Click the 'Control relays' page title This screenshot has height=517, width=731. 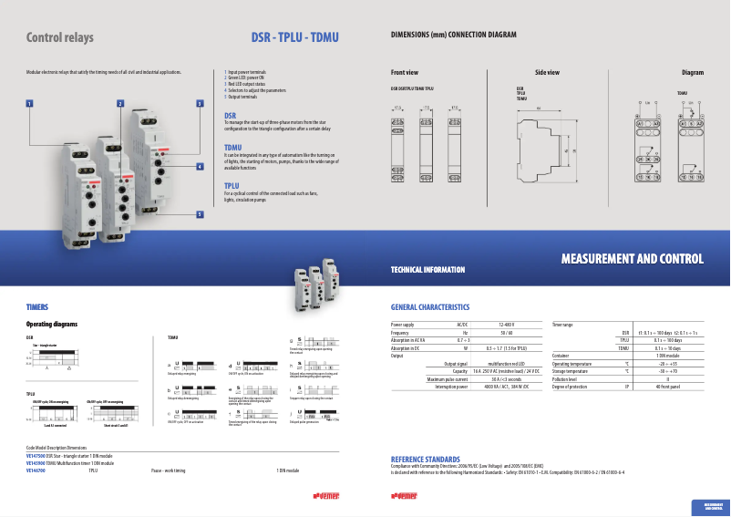point(60,38)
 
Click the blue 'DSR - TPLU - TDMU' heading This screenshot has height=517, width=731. point(294,38)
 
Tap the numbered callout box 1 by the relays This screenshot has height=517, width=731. point(30,104)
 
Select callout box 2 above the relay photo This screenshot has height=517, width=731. point(119,104)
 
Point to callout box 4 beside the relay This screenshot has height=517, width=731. point(200,167)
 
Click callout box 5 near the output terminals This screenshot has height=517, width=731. point(200,214)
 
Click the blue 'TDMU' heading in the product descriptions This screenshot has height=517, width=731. point(232,147)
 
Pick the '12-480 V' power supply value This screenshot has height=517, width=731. point(507,325)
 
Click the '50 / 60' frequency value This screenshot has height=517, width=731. point(507,333)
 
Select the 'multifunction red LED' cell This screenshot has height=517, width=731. point(507,364)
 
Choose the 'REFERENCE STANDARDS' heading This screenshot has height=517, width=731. point(425,458)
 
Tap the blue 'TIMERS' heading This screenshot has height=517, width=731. point(36,307)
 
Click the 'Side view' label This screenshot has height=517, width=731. point(547,72)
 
